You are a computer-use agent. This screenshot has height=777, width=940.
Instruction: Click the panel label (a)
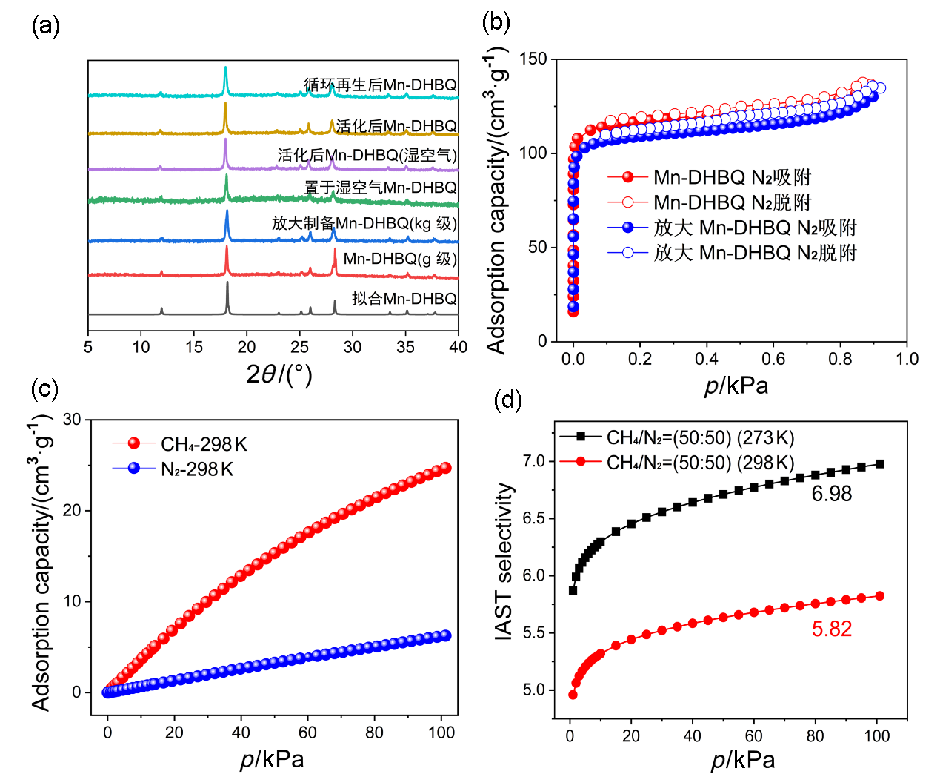tap(45, 26)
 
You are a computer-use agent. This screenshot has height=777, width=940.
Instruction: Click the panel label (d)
tap(508, 400)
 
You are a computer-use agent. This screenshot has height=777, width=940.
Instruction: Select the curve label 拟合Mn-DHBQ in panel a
tap(404, 298)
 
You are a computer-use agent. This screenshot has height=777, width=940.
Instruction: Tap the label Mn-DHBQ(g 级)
tap(400, 259)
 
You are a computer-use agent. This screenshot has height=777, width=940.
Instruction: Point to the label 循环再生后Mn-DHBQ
tap(381, 85)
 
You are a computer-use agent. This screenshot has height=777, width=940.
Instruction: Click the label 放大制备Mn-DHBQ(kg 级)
tap(364, 223)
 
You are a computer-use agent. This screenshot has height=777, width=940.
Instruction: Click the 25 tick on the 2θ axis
tap(299, 346)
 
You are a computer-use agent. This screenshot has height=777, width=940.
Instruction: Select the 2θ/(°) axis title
tap(279, 374)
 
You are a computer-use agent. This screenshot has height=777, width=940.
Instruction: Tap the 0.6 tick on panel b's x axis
tap(773, 359)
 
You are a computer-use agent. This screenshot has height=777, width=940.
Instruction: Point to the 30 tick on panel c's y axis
tap(72, 420)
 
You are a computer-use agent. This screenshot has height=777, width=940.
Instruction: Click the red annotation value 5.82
tap(832, 629)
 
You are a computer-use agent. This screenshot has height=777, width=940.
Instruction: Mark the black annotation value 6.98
tap(832, 494)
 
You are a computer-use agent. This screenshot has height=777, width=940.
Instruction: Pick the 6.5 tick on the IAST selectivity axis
tap(533, 518)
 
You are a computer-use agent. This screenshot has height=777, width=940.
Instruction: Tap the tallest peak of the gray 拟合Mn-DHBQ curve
tap(227, 283)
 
